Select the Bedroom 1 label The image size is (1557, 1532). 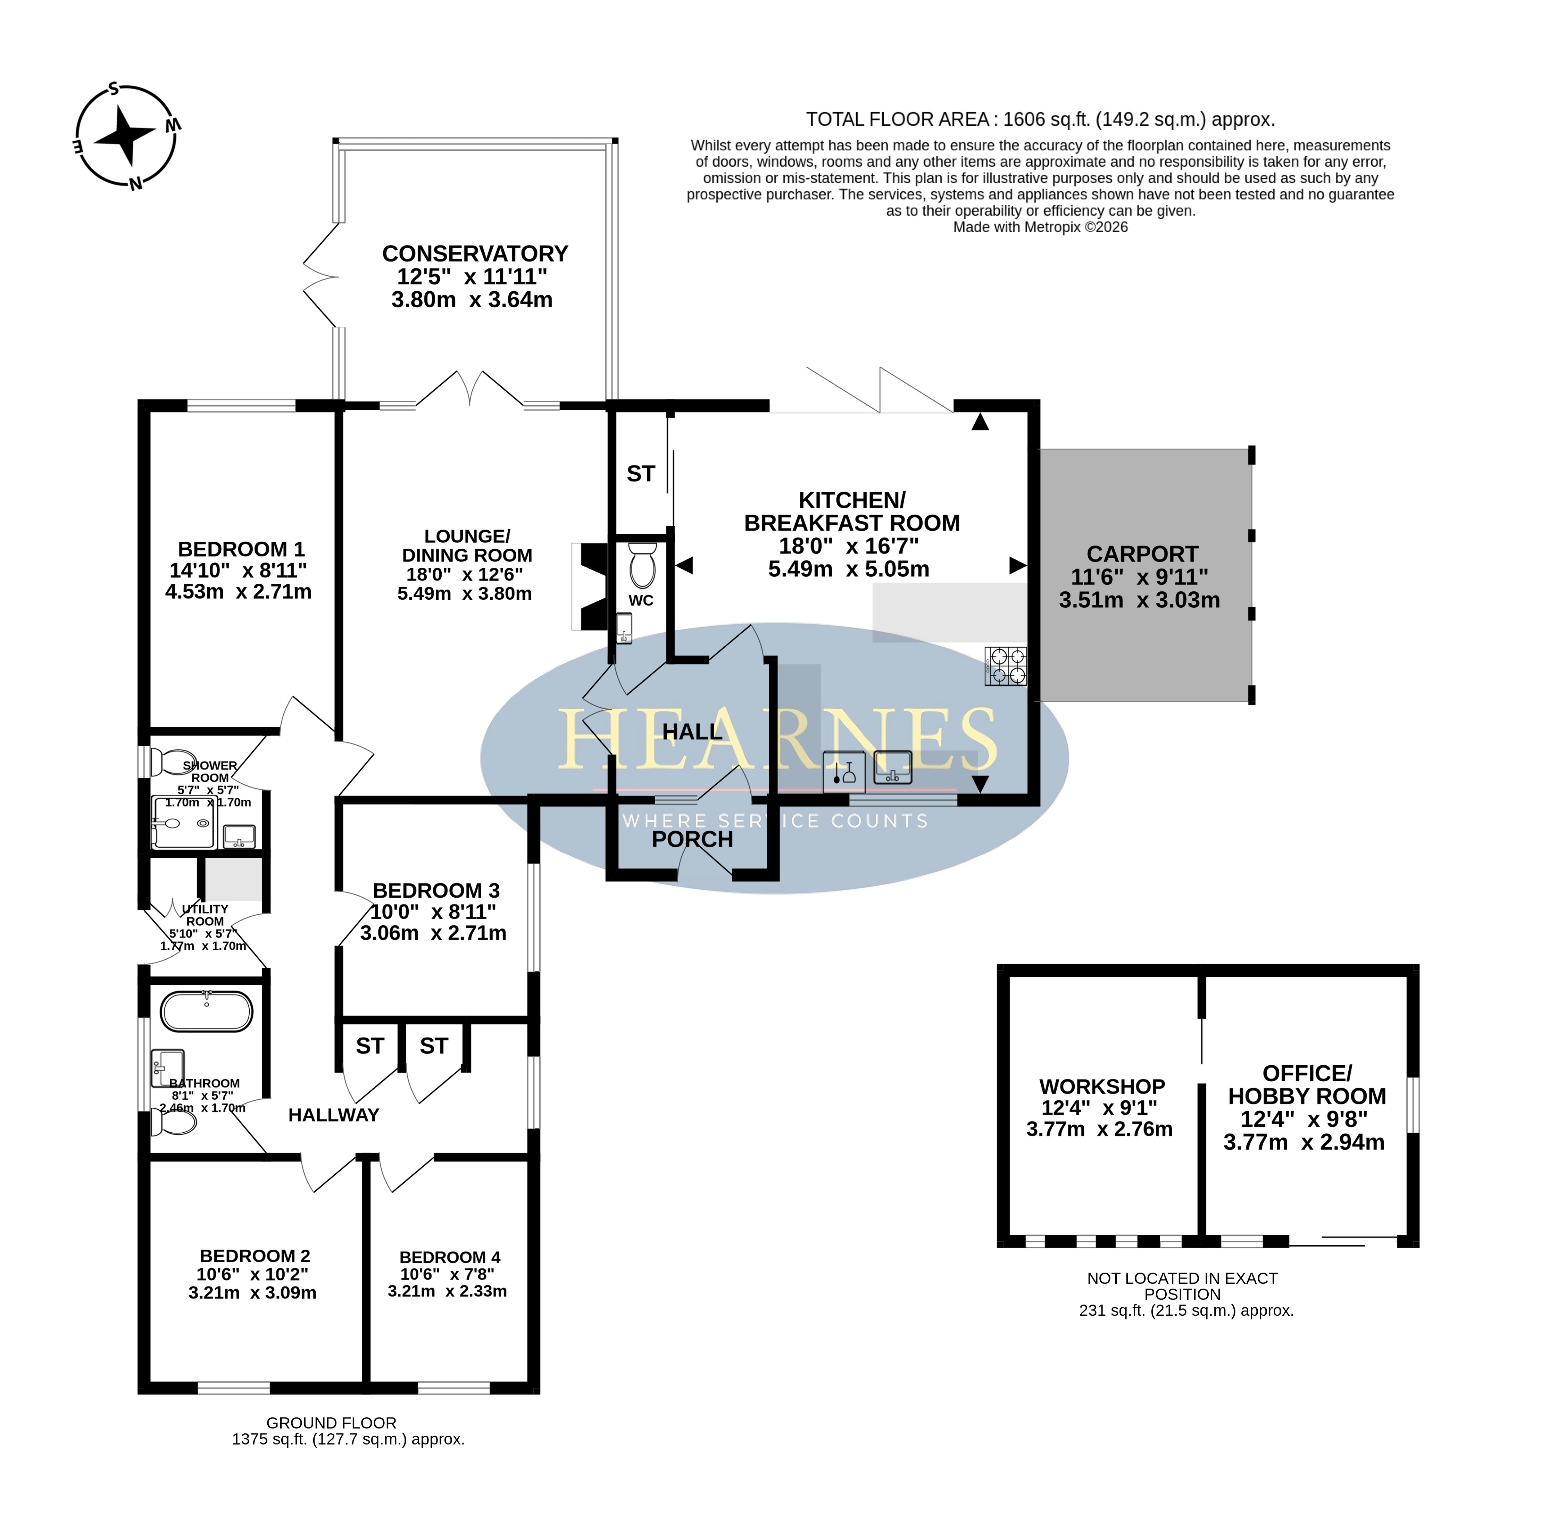click(240, 570)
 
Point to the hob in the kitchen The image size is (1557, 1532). click(1005, 666)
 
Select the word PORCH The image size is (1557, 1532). click(692, 839)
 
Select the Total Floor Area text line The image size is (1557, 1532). click(1040, 120)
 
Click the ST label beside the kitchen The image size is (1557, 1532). click(641, 474)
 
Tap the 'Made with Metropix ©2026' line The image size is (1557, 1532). click(1040, 228)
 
